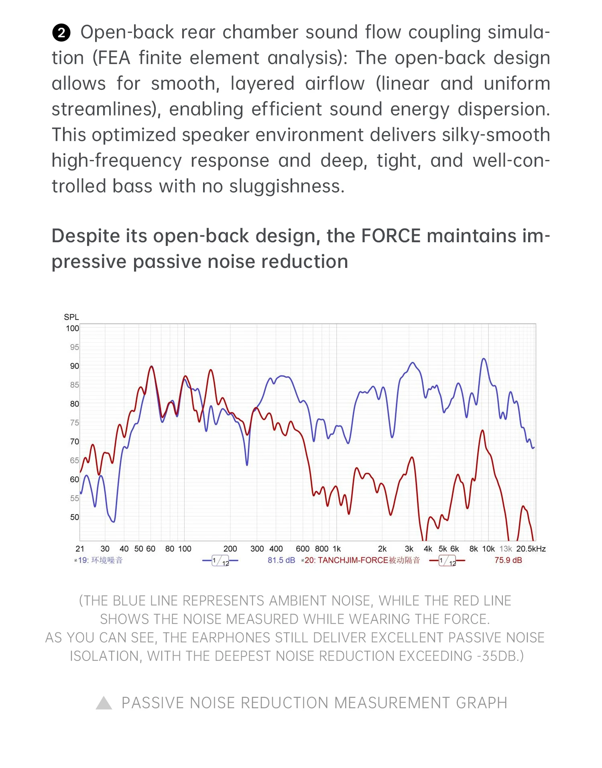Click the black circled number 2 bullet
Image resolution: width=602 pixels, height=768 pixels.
pos(61,33)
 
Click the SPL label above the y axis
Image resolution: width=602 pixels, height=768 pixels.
pos(71,317)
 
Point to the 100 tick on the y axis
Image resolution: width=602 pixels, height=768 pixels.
pos(73,328)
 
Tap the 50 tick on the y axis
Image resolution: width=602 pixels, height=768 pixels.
pos(75,517)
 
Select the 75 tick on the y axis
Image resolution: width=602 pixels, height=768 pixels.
pos(75,423)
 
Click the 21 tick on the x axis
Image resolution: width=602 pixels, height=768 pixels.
pos(80,549)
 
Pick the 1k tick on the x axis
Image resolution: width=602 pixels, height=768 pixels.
pos(336,549)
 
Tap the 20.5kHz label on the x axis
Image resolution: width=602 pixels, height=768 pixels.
pos(531,549)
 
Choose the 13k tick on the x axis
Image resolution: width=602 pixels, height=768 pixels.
pos(506,549)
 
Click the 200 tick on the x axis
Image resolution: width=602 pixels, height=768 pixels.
pos(230,549)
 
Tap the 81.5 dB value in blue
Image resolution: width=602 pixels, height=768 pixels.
pos(281,560)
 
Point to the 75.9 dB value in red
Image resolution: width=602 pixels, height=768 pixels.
pos(508,560)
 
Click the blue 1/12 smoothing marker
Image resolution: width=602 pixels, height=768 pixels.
pos(220,561)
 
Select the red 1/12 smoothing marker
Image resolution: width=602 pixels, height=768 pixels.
pos(447,561)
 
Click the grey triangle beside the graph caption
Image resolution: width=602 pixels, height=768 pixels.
pos(104,703)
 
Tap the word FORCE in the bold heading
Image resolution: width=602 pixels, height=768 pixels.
pos(391,236)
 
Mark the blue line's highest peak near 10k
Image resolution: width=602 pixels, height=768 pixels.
pos(484,359)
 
